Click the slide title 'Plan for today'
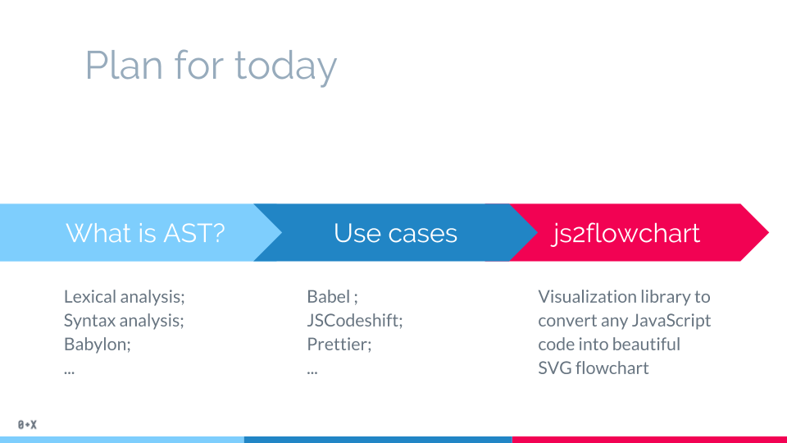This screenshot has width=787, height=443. pos(211,66)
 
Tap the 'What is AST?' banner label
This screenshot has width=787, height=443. pos(145,233)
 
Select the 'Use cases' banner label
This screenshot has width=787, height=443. pos(395,233)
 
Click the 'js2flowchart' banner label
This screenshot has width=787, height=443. pos(626,233)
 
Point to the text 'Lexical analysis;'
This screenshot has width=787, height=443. pos(130,296)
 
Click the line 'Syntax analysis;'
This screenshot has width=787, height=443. pos(124,320)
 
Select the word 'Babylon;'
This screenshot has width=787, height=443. pos(97,344)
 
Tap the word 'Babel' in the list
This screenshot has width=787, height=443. pos(328,296)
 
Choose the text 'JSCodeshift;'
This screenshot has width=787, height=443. pos(355,320)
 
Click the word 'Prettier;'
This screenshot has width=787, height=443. pos(339,344)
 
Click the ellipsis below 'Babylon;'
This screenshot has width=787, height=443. pos(69,371)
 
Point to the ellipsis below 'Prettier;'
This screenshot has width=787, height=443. pos(312,371)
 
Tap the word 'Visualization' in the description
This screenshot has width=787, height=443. pos(588,296)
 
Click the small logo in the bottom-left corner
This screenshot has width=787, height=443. pos(27,425)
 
